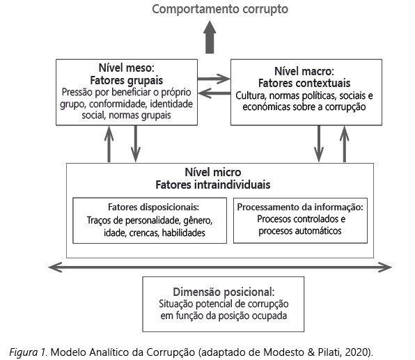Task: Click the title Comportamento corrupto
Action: click(220, 9)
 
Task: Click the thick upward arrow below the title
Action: click(210, 38)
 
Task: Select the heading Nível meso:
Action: click(127, 68)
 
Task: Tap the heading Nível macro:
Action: click(304, 71)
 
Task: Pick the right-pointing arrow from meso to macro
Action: click(214, 79)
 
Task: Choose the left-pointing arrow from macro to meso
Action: click(214, 93)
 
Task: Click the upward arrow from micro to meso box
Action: click(109, 143)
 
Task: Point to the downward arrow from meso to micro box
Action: click(136, 143)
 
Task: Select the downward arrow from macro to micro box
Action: click(319, 143)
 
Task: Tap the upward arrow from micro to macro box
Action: click(345, 143)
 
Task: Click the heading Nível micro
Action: click(213, 172)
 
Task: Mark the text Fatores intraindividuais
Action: click(213, 185)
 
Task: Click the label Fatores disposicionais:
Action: click(153, 207)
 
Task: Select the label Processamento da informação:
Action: click(300, 207)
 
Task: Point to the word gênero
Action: click(198, 221)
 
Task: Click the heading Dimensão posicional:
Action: click(224, 292)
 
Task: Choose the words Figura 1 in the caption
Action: click(28, 352)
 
